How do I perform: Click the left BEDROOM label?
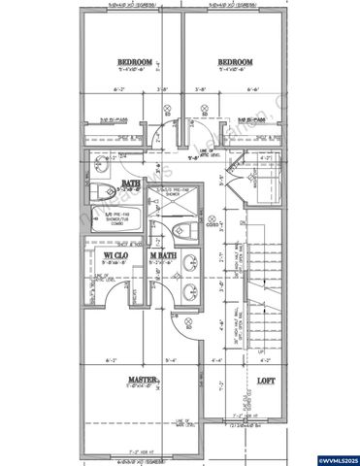(134, 61)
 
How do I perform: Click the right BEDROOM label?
(234, 61)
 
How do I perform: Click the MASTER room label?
(142, 380)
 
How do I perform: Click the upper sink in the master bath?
(189, 263)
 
